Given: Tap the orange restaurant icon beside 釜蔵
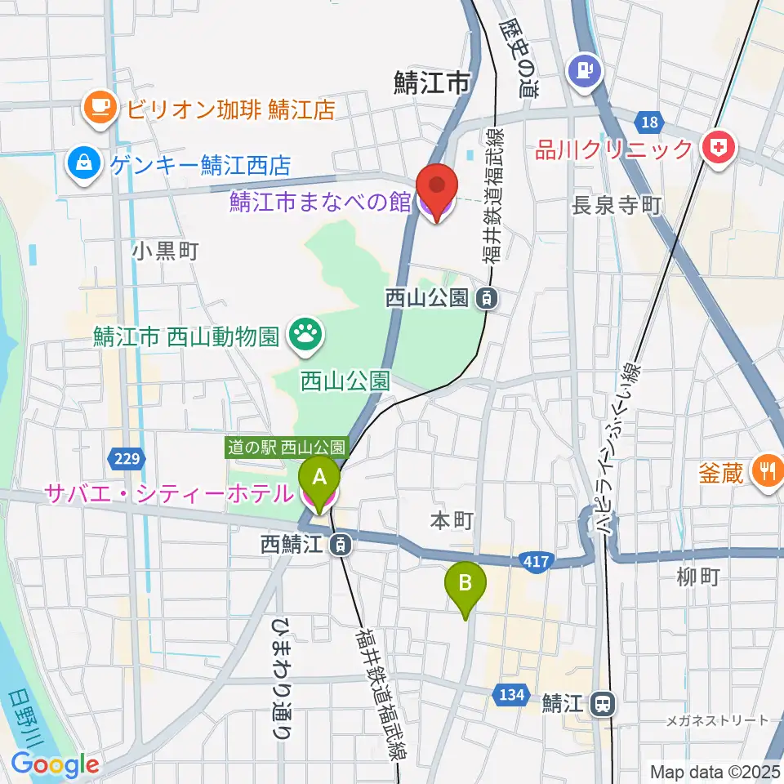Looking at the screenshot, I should [766, 472].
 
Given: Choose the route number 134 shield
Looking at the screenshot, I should [508, 694].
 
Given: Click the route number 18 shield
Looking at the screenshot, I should [648, 122].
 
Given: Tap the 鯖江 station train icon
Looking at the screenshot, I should [604, 702].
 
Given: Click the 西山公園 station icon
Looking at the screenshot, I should [487, 299].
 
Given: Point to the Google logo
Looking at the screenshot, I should [55, 765].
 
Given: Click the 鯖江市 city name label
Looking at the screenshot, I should [432, 82].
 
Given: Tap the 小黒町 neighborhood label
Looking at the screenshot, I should [166, 251].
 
